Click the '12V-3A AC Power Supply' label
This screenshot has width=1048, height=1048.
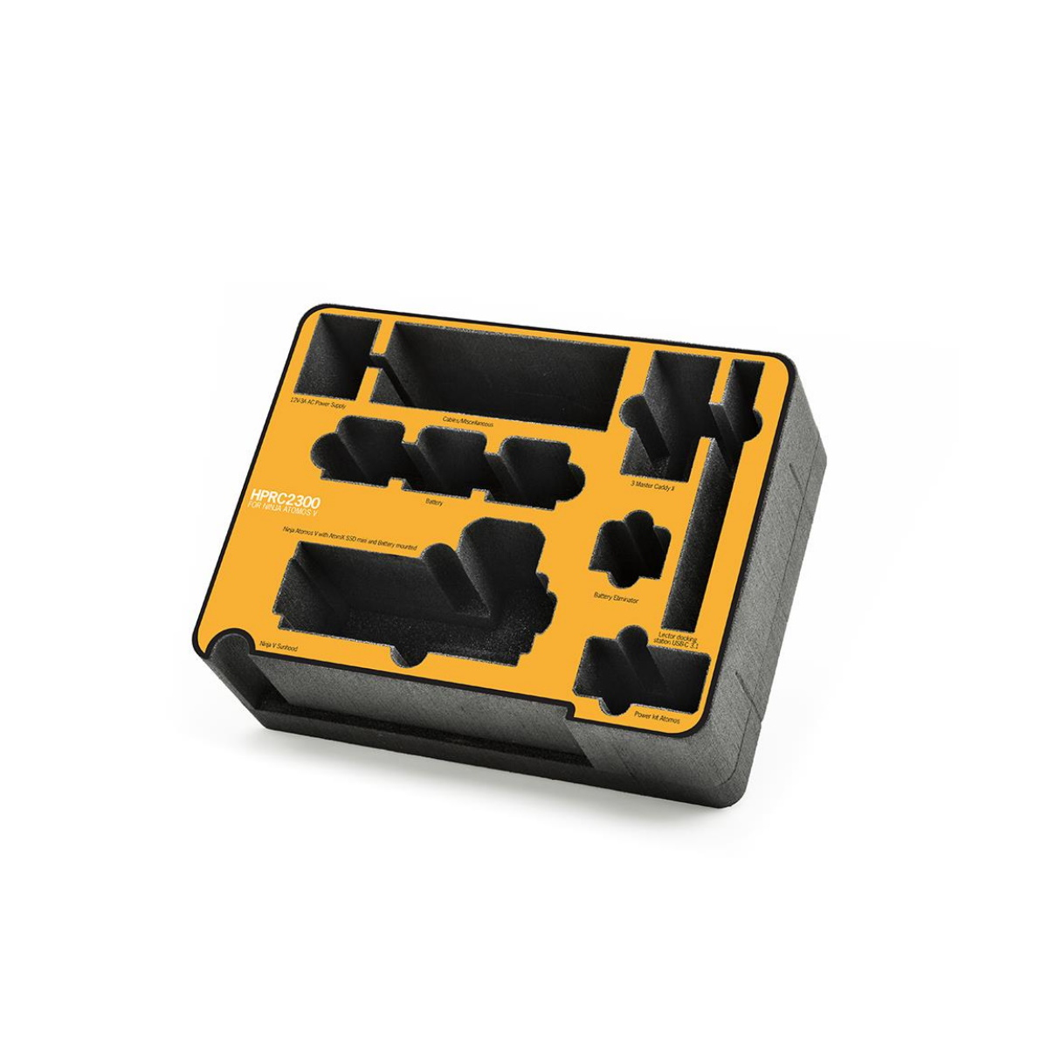pos(324,403)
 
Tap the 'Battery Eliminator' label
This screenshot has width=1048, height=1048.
pos(616,600)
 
